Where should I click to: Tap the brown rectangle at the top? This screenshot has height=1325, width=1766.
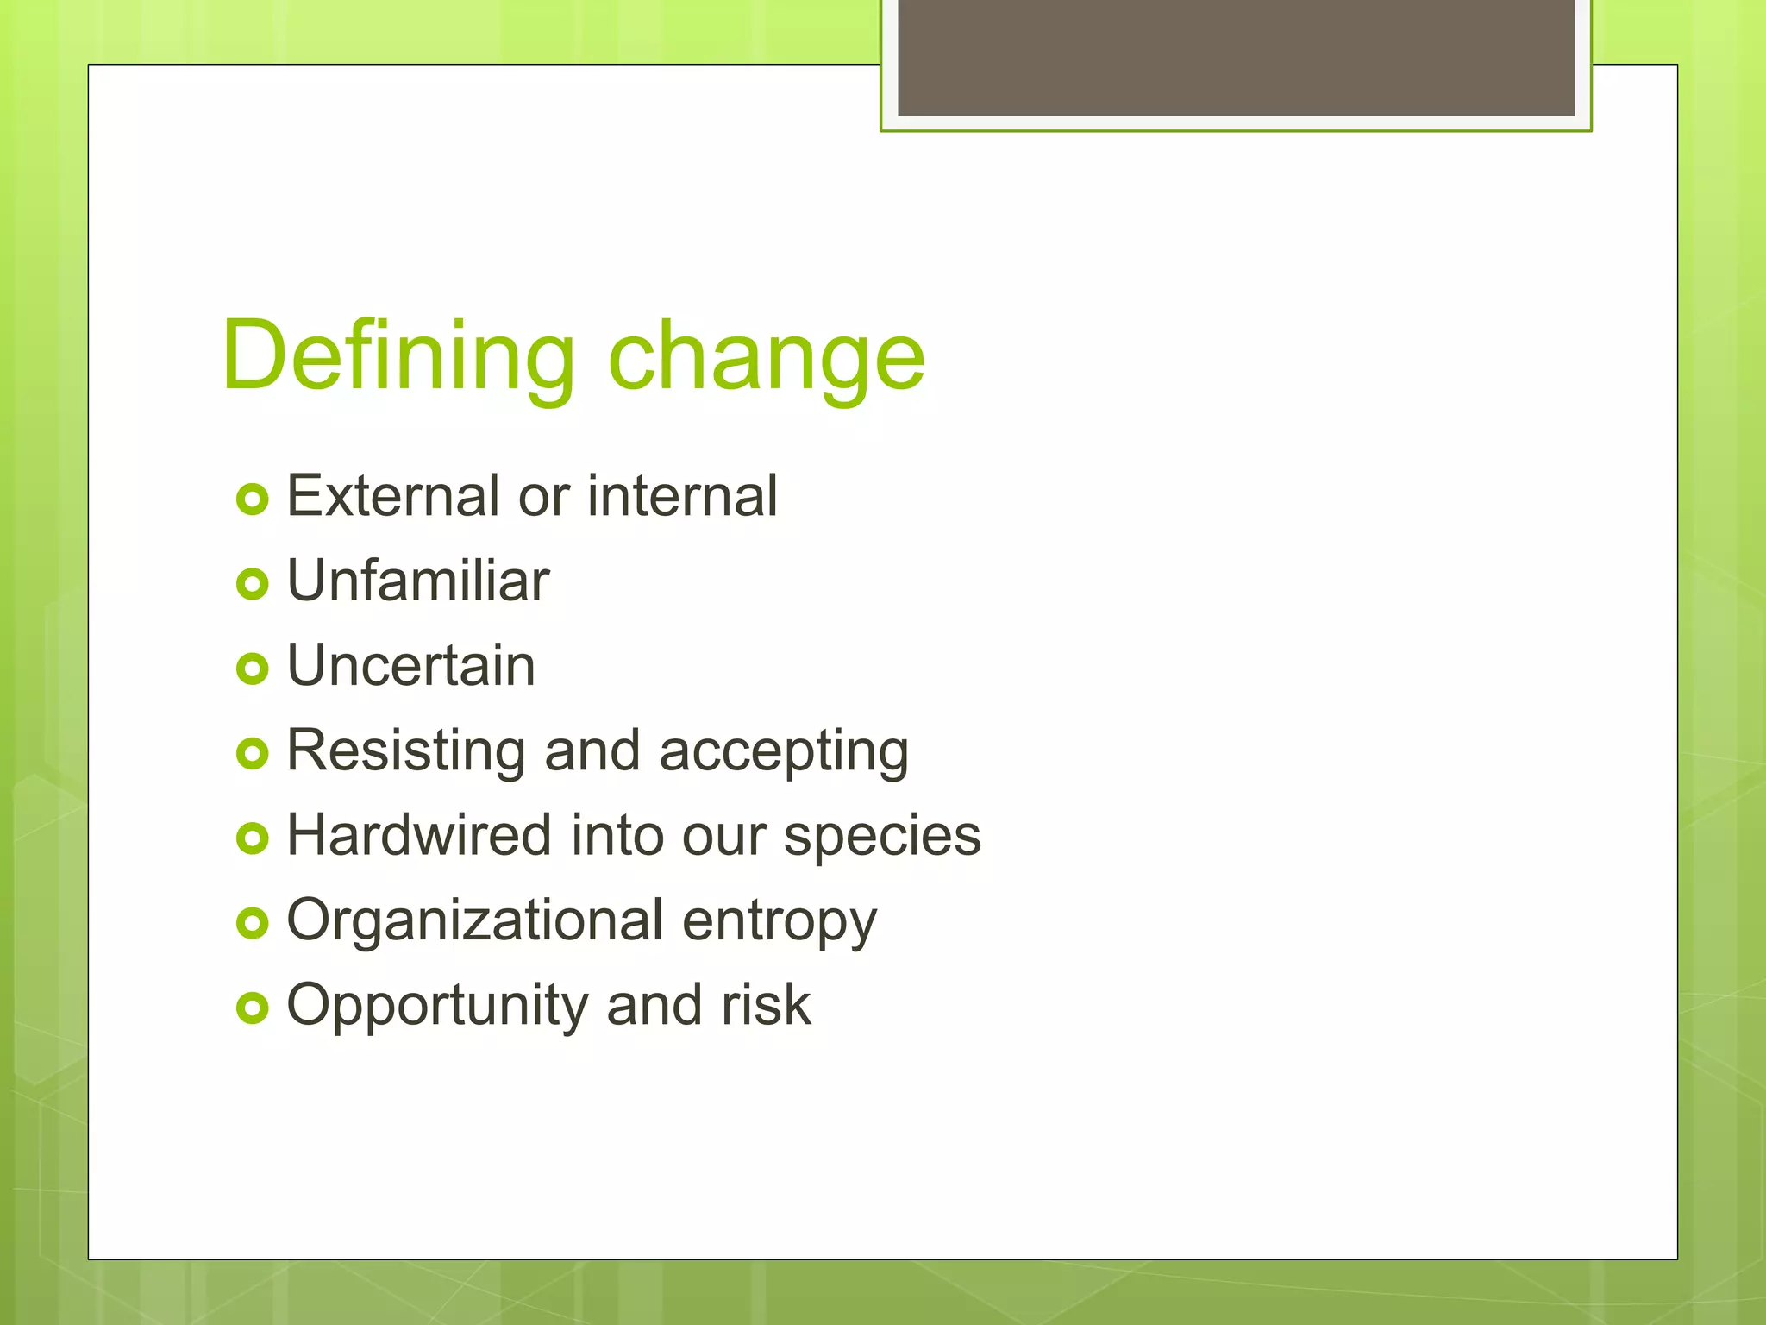[1236, 57]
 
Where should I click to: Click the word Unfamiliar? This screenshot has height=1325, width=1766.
[417, 581]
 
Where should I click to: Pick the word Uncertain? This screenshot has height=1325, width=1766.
[410, 666]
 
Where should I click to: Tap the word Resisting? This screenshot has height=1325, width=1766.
[405, 750]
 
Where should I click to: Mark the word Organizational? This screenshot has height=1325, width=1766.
[474, 920]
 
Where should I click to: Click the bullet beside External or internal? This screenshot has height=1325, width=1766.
[253, 499]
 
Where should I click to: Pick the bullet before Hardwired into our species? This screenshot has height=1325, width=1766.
[253, 838]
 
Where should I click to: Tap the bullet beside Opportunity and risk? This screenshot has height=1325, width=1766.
[253, 1008]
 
